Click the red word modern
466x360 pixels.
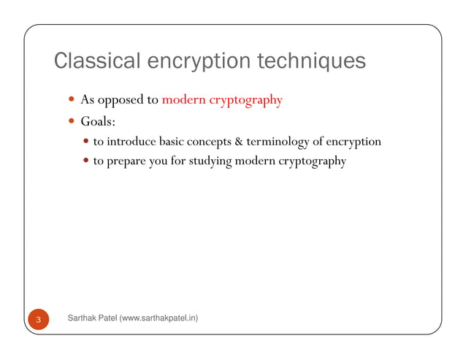(184, 99)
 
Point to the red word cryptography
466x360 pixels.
(245, 100)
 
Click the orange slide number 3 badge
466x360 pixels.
(38, 319)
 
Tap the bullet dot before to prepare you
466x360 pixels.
(87, 161)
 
